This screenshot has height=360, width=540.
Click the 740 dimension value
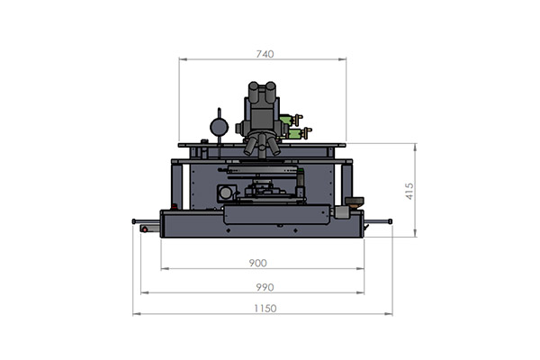coord(265,54)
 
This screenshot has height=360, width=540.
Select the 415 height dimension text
coord(409,191)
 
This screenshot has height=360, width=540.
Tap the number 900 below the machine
coord(257,263)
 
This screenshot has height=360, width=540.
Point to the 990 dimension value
coord(265,287)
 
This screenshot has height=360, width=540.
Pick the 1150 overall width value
coord(265,309)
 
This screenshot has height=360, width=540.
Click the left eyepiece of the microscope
coord(254,92)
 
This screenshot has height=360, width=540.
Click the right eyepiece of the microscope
coord(270,92)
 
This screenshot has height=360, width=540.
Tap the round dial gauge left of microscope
coord(219,127)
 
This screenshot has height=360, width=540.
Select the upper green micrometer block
coord(286,120)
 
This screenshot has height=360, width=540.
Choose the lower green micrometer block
coord(294,134)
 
